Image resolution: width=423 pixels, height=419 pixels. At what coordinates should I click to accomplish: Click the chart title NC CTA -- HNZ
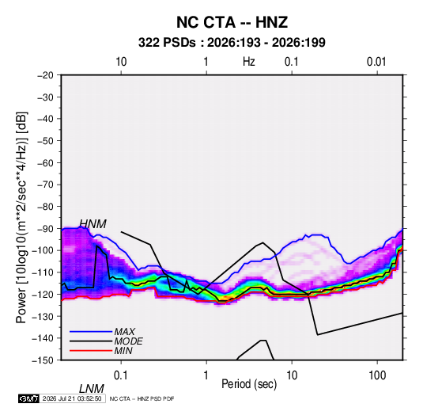[x=232, y=22]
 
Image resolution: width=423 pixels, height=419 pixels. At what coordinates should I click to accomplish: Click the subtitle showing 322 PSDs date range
[x=232, y=43]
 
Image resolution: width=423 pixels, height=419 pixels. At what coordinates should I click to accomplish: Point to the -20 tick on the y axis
[x=45, y=75]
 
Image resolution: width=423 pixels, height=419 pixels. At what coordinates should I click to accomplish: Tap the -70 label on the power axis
[x=45, y=185]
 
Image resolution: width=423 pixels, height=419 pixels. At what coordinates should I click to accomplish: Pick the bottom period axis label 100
[x=377, y=375]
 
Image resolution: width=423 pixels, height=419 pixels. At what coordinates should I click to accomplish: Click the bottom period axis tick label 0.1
[x=120, y=375]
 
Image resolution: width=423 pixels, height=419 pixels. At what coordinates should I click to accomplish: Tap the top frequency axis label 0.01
[x=376, y=62]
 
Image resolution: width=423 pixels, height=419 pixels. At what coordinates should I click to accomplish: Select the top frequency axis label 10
[x=121, y=62]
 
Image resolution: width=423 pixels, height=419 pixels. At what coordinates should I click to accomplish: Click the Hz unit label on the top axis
[x=249, y=62]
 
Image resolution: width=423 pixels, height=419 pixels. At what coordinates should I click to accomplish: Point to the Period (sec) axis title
[x=249, y=384]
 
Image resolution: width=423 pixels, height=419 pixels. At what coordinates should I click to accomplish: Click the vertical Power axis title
[x=21, y=217]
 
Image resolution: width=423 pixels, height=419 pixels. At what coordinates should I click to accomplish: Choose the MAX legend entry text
[x=125, y=332]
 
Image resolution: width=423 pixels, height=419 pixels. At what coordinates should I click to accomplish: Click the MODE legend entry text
[x=128, y=341]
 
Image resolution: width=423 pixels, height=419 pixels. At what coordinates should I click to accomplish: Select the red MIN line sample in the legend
[x=91, y=351]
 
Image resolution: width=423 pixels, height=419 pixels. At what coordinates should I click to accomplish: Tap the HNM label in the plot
[x=93, y=224]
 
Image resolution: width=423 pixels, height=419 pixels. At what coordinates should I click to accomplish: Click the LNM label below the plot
[x=91, y=389]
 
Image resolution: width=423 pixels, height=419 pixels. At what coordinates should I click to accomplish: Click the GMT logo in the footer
[x=28, y=398]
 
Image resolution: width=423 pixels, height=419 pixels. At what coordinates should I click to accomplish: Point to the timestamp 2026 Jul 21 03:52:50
[x=72, y=398]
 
